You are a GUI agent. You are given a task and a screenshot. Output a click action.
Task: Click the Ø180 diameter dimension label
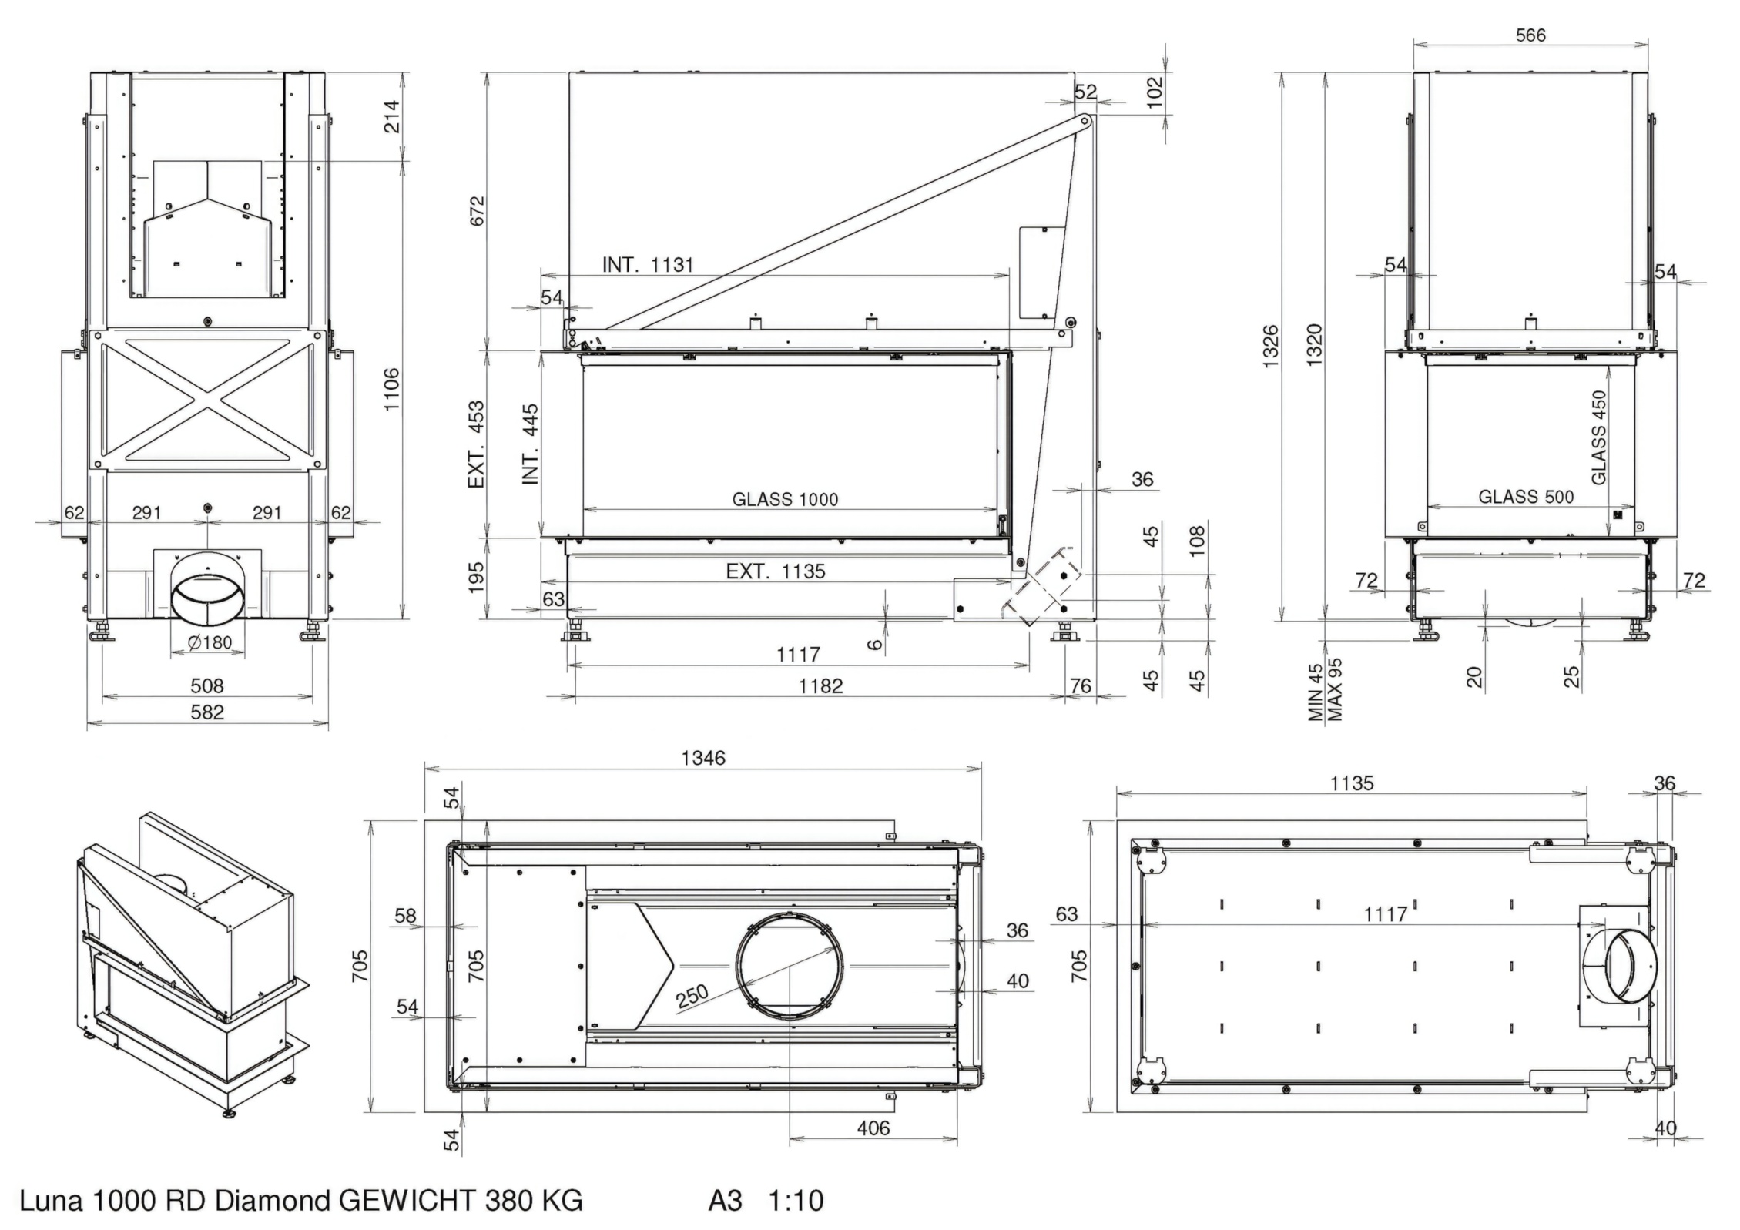click(x=210, y=642)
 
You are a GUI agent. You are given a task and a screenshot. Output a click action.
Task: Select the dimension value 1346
click(x=702, y=758)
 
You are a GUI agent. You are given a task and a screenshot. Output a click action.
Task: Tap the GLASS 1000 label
click(x=784, y=499)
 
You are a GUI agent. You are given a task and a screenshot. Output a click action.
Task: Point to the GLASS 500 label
click(x=1525, y=497)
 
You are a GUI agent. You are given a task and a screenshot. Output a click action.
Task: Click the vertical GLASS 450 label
click(x=1599, y=437)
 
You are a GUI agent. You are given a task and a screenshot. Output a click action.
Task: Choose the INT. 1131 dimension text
click(x=648, y=265)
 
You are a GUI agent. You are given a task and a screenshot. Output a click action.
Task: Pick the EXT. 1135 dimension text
click(x=775, y=571)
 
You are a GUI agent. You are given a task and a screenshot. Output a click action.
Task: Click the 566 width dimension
click(x=1530, y=35)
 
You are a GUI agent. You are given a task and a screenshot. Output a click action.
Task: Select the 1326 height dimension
click(x=1271, y=346)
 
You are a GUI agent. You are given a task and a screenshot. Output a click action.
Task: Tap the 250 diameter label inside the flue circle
click(x=692, y=996)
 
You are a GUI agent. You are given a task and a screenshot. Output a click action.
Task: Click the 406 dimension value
click(x=873, y=1128)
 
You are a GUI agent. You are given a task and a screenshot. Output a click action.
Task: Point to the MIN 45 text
click(x=1316, y=692)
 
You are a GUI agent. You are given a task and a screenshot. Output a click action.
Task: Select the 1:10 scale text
click(x=796, y=1201)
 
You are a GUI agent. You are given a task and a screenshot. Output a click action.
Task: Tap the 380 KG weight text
click(x=533, y=1201)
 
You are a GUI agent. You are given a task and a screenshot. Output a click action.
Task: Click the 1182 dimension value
click(x=820, y=685)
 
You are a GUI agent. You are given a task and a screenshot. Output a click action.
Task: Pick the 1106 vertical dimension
click(x=392, y=389)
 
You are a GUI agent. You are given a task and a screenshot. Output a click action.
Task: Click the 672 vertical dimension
click(x=478, y=211)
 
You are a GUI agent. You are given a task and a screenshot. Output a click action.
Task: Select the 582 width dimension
click(x=207, y=712)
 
